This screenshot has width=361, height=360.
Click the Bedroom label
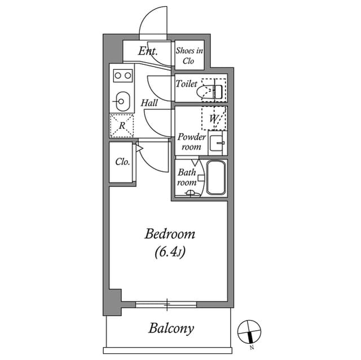coord(170,233)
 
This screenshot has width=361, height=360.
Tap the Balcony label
coord(171,328)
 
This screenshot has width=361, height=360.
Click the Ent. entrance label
coord(148,52)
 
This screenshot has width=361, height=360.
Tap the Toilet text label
coord(186,84)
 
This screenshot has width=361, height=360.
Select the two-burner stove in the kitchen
coord(122,75)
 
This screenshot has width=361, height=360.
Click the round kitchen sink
coord(122,102)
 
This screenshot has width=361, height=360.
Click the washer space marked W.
coord(214,118)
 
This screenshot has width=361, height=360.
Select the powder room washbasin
coord(217,143)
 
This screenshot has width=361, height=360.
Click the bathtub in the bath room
coord(215,177)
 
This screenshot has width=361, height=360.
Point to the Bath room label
coord(187,177)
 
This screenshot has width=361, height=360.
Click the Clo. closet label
coord(122,162)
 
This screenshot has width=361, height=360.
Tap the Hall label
coord(149,103)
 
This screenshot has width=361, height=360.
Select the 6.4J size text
coord(170,252)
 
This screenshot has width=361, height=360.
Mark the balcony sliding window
coord(167,305)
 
